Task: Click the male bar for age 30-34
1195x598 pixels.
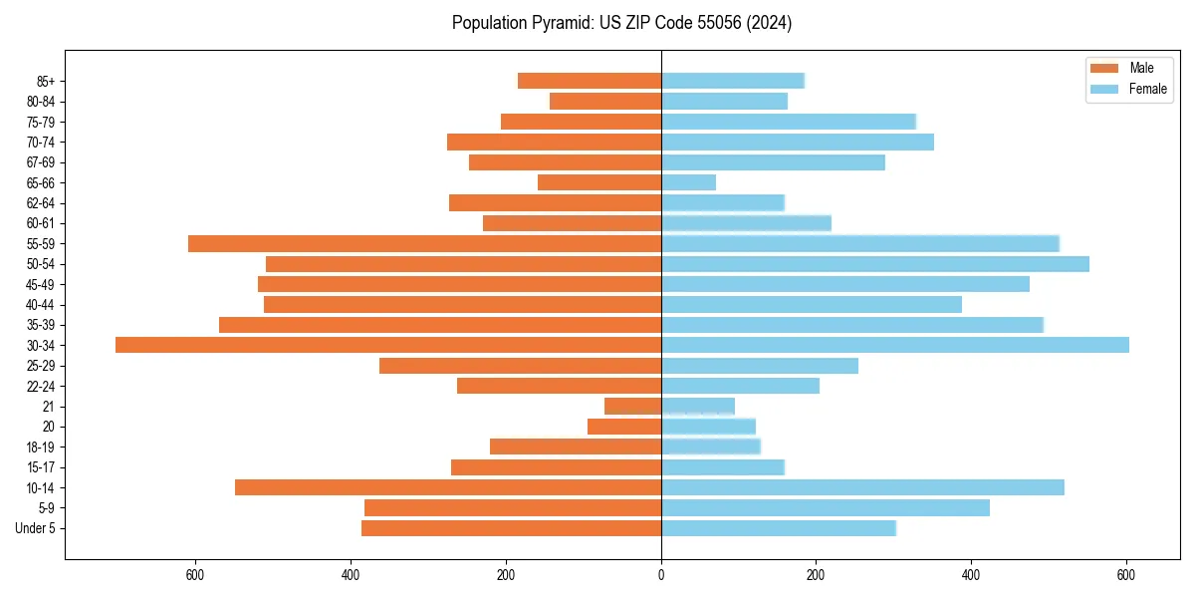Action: pos(388,345)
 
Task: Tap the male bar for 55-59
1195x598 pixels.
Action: pos(424,243)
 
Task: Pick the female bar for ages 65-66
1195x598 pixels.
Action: pos(688,182)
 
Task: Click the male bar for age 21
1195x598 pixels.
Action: pos(632,406)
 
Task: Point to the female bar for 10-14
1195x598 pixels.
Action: pos(862,487)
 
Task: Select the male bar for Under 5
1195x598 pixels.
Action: pos(511,528)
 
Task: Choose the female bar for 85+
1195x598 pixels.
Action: pos(732,81)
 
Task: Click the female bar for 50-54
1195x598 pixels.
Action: pos(874,264)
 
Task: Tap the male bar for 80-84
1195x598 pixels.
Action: pos(605,101)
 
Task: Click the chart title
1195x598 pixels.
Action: pos(621,23)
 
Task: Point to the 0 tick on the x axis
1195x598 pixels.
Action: pos(661,575)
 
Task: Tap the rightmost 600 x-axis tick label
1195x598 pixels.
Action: pos(1126,575)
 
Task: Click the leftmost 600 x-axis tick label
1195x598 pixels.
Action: pos(195,575)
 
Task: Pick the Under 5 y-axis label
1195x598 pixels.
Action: pos(35,528)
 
